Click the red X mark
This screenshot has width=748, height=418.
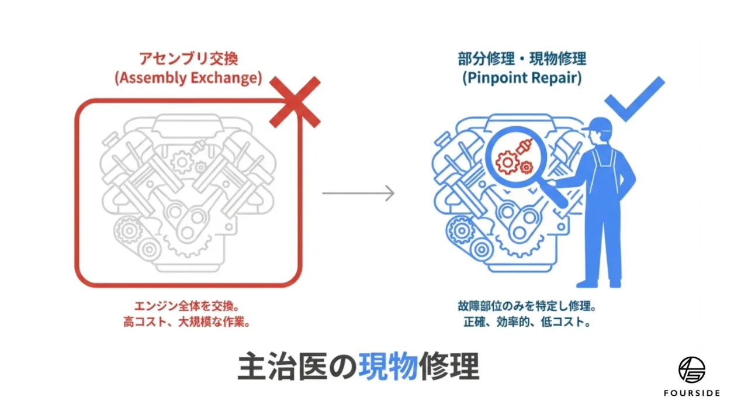coord(295,102)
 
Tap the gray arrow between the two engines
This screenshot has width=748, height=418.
coord(358,192)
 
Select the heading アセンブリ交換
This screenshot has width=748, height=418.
coord(188,59)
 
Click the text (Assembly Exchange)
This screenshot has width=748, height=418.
coord(188,78)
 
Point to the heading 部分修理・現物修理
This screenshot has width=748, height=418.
coord(522,59)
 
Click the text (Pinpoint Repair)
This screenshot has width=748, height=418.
coord(522,78)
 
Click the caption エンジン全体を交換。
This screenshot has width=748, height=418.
coord(188,306)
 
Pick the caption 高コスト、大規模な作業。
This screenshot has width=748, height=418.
coord(188,322)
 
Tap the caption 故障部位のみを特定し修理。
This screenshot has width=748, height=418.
coord(522,306)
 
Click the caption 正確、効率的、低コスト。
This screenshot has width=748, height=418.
coord(522,322)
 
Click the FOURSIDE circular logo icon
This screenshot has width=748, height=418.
coord(691,369)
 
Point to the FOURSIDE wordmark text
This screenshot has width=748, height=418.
coord(691,393)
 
